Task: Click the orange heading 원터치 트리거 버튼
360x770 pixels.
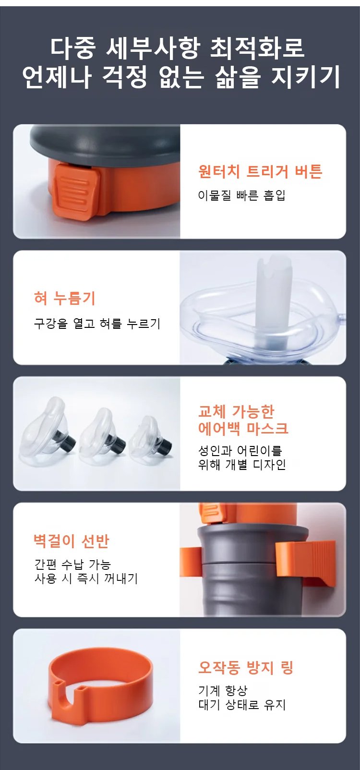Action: [x=260, y=171]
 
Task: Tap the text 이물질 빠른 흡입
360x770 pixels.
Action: [x=241, y=195]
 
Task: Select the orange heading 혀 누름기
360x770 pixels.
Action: [x=64, y=298]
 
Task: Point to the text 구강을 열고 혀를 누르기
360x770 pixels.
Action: [x=97, y=324]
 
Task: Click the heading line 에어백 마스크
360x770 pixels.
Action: [x=243, y=428]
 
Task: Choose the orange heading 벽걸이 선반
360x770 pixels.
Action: [x=71, y=541]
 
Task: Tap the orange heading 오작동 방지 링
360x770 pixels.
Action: [x=245, y=667]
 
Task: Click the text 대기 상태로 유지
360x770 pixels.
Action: [x=242, y=705]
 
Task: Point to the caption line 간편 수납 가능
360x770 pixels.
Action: [x=72, y=564]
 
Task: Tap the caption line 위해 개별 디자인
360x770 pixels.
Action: [x=242, y=464]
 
